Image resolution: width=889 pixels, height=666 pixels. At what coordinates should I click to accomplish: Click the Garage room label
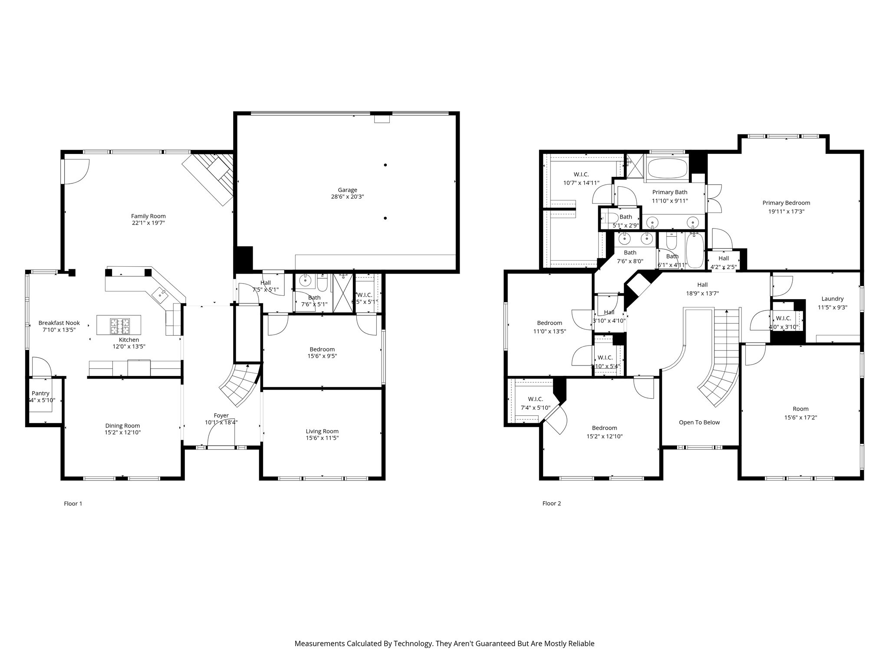[x=347, y=190]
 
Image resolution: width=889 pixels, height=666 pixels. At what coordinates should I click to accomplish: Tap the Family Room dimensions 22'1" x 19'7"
[x=148, y=223]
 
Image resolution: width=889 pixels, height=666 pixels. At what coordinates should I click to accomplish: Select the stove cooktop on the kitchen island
[x=119, y=323]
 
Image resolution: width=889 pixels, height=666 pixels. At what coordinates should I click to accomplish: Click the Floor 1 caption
[x=73, y=503]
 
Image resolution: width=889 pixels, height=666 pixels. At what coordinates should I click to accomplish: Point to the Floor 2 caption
[x=551, y=503]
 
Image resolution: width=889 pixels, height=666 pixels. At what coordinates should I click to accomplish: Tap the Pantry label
[x=40, y=393]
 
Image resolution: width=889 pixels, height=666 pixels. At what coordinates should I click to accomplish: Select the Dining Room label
[x=122, y=426]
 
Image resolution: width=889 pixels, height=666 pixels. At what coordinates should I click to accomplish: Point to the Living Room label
[x=322, y=431]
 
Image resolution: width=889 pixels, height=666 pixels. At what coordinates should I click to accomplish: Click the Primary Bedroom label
[x=786, y=202]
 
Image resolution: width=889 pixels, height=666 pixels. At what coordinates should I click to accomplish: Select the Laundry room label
[x=832, y=299]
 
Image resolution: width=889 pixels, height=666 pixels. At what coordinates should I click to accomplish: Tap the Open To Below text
[x=699, y=422]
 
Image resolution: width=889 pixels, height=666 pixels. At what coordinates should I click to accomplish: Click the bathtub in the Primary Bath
[x=667, y=169]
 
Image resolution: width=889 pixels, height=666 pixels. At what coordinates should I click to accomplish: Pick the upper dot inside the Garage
[x=385, y=165]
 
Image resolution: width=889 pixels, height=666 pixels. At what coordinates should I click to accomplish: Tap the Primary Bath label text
[x=670, y=192]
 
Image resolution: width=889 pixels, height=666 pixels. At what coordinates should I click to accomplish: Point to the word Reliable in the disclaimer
[x=581, y=643]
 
